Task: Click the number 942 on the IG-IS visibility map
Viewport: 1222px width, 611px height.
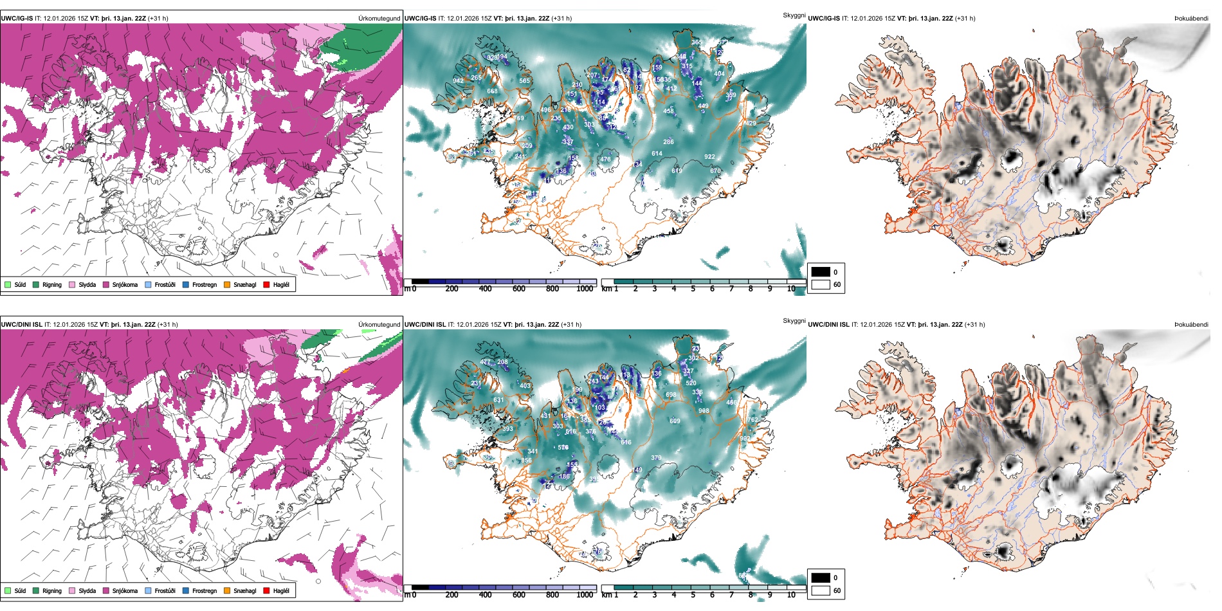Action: [x=458, y=81]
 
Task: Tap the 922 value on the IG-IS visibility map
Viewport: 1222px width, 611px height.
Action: [x=709, y=157]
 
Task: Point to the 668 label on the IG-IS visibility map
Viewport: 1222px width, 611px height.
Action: [x=492, y=91]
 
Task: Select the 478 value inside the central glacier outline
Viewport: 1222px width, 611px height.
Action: [x=605, y=160]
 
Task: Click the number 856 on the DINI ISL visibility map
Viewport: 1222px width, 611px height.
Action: [x=526, y=461]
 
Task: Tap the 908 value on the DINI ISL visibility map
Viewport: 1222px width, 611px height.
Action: [x=704, y=410]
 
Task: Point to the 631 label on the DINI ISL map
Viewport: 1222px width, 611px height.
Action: [x=498, y=400]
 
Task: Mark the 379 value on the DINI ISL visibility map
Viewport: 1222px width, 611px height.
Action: [x=656, y=458]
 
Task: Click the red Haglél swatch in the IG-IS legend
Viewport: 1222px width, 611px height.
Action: [x=267, y=284]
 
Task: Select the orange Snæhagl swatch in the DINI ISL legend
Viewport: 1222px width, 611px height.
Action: [x=227, y=590]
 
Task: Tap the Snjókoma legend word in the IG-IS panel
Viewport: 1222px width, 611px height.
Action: [x=125, y=284]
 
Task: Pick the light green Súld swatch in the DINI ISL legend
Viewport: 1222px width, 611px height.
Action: [x=8, y=590]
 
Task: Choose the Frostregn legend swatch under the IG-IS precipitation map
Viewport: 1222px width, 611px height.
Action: [x=186, y=284]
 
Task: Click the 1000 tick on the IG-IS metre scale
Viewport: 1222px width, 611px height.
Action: [x=585, y=289]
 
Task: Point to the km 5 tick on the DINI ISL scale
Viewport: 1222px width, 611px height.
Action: [x=693, y=595]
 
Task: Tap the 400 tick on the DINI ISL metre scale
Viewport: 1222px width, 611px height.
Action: [x=485, y=595]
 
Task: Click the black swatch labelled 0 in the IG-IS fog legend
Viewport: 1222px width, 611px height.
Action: [x=821, y=272]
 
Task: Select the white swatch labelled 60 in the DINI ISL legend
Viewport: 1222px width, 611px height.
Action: [x=821, y=590]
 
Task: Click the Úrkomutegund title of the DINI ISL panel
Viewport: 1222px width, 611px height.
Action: [x=379, y=325]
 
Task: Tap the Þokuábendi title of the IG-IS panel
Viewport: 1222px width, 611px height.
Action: [x=1191, y=19]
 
